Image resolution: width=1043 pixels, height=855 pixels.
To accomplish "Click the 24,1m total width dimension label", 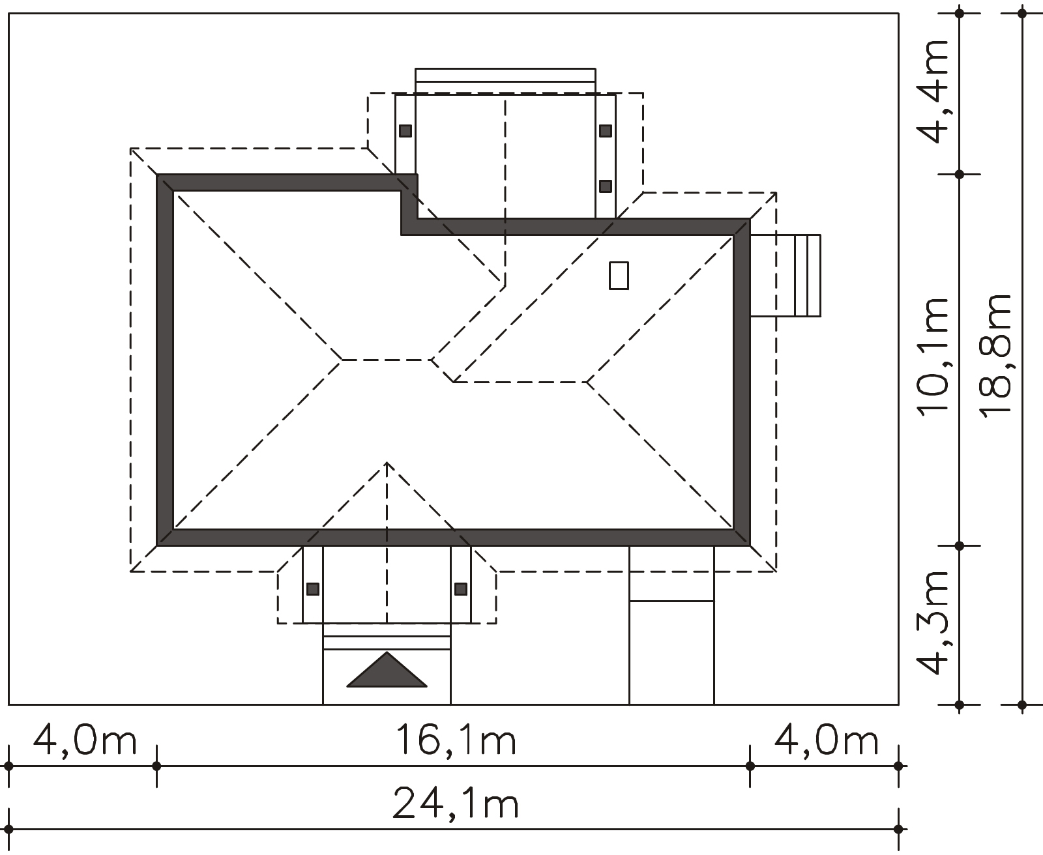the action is [456, 804].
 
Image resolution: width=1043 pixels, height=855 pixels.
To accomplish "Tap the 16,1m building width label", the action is [456, 740].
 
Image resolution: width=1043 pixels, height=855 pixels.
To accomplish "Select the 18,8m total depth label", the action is [995, 356].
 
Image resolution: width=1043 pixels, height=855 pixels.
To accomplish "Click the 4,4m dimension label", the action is [933, 91].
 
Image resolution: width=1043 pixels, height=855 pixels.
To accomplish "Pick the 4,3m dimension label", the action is [933, 623].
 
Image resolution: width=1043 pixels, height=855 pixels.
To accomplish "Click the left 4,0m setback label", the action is [85, 740].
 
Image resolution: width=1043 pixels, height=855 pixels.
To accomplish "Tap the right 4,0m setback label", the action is [826, 740].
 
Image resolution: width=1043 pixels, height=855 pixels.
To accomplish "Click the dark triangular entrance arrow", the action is [387, 669].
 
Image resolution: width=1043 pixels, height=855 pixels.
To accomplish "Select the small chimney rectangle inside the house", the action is [619, 276].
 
